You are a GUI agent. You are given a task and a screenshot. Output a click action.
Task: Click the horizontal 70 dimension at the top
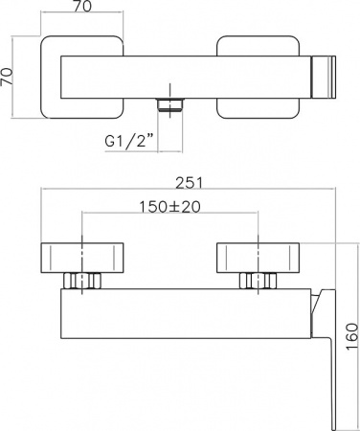(x=82, y=6)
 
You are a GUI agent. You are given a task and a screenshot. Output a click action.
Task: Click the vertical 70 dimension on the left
(x=7, y=77)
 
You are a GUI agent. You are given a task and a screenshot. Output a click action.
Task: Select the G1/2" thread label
(x=129, y=141)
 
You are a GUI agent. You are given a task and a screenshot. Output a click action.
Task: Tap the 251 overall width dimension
(x=190, y=183)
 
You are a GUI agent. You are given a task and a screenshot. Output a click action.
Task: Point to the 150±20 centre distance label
(x=169, y=207)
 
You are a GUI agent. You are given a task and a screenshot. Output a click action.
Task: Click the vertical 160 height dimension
(x=352, y=336)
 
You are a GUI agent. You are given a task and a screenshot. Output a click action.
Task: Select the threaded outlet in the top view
(x=170, y=105)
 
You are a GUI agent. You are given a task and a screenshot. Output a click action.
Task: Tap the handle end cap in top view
(x=324, y=77)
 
